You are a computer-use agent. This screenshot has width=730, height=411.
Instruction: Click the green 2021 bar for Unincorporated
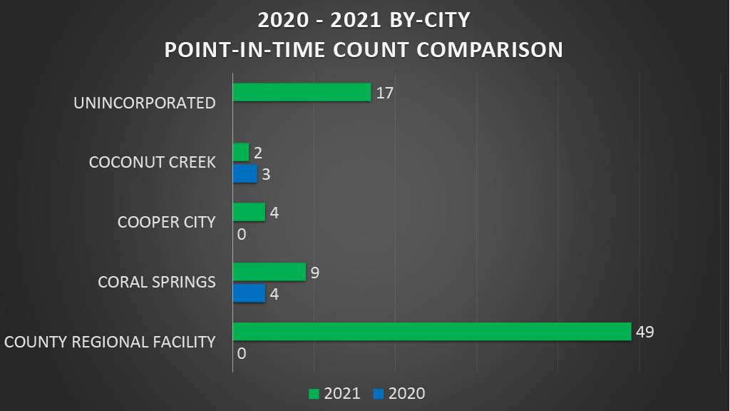coord(302,92)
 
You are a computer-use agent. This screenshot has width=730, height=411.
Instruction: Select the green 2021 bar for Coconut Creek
coord(241,152)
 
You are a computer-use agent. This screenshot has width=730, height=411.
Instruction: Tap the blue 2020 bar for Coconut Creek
coord(245,174)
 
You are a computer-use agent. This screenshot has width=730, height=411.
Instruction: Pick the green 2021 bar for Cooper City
coord(249,212)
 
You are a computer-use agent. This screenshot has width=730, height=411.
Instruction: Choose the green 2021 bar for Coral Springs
coord(269,272)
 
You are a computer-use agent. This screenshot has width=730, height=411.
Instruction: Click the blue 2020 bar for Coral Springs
coord(249,293)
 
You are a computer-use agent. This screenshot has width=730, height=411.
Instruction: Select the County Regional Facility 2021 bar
coord(432,331)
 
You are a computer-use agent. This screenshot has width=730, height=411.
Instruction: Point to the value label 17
coord(385,93)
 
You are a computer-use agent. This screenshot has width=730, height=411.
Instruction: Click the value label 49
coord(645,332)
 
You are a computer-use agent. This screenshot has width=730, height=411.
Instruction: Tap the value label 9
coord(315,272)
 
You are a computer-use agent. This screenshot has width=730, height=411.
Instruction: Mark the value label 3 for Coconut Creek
coord(266,174)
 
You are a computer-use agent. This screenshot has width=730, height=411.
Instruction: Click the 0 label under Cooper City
coord(241,233)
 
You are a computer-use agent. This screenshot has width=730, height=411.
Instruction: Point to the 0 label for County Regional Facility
coord(241,353)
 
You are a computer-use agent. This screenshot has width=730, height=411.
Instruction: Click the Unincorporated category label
coord(145,103)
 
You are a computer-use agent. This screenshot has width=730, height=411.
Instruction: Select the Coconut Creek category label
coord(152,163)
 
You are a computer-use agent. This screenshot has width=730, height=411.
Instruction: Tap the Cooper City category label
coord(166,222)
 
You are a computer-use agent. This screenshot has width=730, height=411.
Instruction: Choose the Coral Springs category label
coord(156,282)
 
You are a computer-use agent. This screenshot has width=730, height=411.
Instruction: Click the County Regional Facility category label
coord(110,342)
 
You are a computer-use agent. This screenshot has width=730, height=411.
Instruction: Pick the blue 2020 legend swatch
coord(378,393)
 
